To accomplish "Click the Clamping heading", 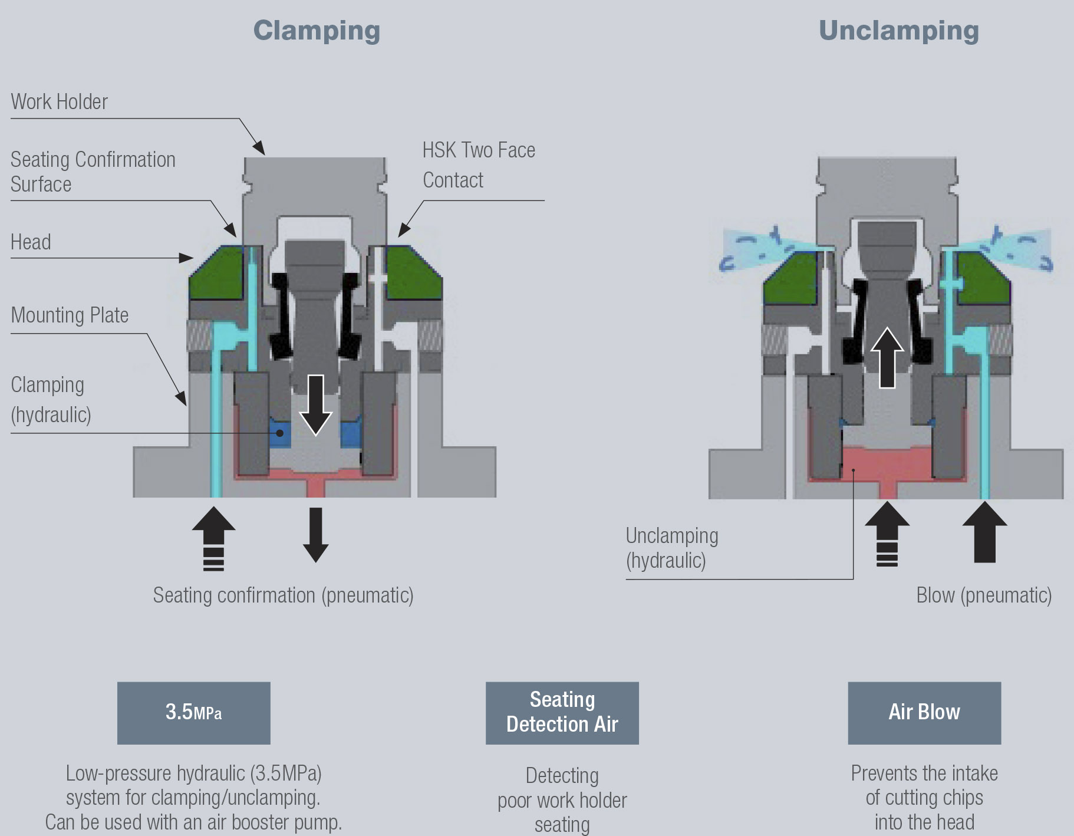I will (x=317, y=31).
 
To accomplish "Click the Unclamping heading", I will (x=898, y=31).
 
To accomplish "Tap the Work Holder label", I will (x=60, y=102).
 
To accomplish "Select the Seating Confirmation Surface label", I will (x=93, y=172).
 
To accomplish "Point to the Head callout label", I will (x=31, y=242).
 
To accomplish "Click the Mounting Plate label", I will (x=70, y=315).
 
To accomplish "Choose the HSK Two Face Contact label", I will (x=478, y=165).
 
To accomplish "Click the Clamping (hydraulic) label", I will (x=51, y=400).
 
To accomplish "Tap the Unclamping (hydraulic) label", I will (x=671, y=548).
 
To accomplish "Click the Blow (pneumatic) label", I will (x=983, y=595).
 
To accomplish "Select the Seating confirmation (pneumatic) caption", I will (x=283, y=595).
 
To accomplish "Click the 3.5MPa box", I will (x=193, y=713).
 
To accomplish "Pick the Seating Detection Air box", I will (x=562, y=713).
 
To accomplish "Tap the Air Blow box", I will (x=924, y=713).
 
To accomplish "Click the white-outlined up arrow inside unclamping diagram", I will (x=887, y=357).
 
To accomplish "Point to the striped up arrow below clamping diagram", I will (x=213, y=538).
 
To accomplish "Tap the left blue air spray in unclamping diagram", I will (x=760, y=248).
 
